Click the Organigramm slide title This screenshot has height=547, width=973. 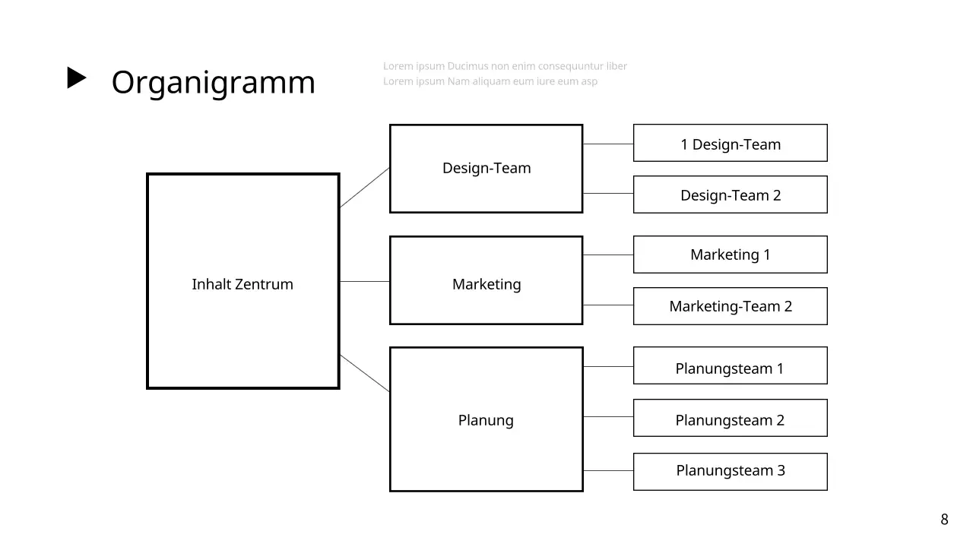click(x=213, y=82)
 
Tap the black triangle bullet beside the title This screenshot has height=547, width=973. click(x=77, y=78)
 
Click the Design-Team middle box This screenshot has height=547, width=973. click(x=486, y=168)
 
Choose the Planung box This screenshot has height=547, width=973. click(x=486, y=420)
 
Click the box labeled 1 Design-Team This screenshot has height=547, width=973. click(x=730, y=144)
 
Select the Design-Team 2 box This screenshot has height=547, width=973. click(x=730, y=195)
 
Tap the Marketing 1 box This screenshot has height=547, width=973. click(x=730, y=255)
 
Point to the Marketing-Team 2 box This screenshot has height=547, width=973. click(x=730, y=306)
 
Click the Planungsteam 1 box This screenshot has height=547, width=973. click(x=730, y=368)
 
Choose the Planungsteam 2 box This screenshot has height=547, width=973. click(x=730, y=420)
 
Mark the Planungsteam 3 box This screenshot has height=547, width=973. click(x=730, y=470)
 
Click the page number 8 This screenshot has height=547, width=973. click(x=945, y=520)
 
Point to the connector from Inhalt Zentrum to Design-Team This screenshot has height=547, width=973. click(x=365, y=188)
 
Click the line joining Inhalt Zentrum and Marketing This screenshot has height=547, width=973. click(x=365, y=281)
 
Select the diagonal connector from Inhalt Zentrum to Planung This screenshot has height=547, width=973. click(x=365, y=373)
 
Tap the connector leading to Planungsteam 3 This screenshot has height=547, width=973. click(x=608, y=471)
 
